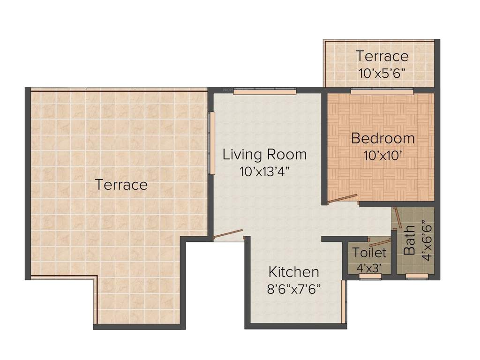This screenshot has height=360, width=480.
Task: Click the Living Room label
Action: coord(264,154)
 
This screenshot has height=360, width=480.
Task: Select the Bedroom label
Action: coord(382,139)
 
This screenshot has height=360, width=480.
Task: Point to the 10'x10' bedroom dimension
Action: coord(382,156)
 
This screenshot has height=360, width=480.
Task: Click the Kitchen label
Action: coord(293,272)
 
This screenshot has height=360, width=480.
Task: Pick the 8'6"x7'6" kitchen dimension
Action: coord(293,288)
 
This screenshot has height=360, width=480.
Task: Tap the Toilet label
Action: coord(369,253)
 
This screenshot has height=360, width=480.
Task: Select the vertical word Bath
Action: coord(410,240)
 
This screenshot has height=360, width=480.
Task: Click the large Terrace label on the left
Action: coord(121,185)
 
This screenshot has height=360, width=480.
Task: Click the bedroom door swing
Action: coord(343,199)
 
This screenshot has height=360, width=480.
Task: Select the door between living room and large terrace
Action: coord(228,234)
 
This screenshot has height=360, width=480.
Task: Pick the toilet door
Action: coord(379,243)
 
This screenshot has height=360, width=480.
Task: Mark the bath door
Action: coord(397,217)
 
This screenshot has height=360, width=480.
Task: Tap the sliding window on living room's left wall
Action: coord(212,143)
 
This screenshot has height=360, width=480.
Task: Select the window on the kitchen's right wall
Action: coord(344,302)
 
